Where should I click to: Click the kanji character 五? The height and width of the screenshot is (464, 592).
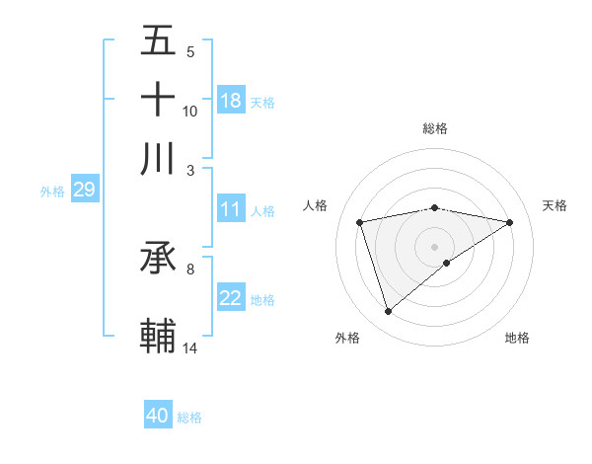tap(159, 40)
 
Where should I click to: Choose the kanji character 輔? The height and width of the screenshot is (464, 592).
tap(159, 335)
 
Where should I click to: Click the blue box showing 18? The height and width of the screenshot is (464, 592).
tap(231, 101)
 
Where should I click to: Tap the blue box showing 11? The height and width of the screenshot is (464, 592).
tap(231, 209)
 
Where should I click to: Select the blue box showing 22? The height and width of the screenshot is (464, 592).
tap(231, 299)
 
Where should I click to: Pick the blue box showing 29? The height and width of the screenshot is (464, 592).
tap(84, 190)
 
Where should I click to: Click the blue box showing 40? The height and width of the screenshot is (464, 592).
tap(158, 416)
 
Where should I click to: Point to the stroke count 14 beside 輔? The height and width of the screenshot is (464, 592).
tap(190, 348)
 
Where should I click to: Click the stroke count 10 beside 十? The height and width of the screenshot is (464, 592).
tap(190, 111)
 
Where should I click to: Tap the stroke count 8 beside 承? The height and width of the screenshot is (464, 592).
tap(190, 268)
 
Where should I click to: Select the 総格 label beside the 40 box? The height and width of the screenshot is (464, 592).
tap(190, 418)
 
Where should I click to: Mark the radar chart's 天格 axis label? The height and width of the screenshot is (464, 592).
tap(555, 205)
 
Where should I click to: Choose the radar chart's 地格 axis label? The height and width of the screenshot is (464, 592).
tap(517, 338)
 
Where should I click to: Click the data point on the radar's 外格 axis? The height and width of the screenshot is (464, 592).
tap(389, 312)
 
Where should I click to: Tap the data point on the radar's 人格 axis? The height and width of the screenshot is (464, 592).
tap(360, 222)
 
